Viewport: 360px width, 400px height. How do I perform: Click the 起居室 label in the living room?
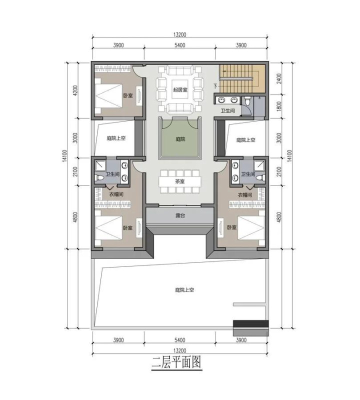[x=180, y=90]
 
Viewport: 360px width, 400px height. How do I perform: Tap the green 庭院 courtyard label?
[x=180, y=139]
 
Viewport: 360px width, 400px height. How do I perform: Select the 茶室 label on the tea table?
[x=180, y=181]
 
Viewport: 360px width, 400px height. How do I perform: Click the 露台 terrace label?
[x=180, y=215]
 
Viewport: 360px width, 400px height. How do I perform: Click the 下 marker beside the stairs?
[x=215, y=86]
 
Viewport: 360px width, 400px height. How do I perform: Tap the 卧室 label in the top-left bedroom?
[x=128, y=96]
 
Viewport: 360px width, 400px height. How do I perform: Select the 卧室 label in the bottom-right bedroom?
[x=231, y=227]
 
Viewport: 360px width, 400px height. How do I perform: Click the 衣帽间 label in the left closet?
[x=116, y=194]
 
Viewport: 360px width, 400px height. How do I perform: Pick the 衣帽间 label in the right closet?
[x=245, y=195]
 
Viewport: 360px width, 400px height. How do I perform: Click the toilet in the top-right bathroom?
[x=246, y=101]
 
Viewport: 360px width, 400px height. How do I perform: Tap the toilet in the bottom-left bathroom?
[x=99, y=177]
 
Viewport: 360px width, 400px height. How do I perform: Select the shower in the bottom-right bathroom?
[x=259, y=164]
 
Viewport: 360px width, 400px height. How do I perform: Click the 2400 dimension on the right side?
[x=279, y=78]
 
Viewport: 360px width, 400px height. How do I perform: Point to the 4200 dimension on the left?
[x=75, y=90]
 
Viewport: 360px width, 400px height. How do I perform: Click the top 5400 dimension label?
[x=180, y=45]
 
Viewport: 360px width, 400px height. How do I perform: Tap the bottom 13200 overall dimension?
[x=180, y=351]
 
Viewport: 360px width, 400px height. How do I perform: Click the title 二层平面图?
[x=176, y=362]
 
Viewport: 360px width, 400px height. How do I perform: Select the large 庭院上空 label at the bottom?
[x=184, y=290]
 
